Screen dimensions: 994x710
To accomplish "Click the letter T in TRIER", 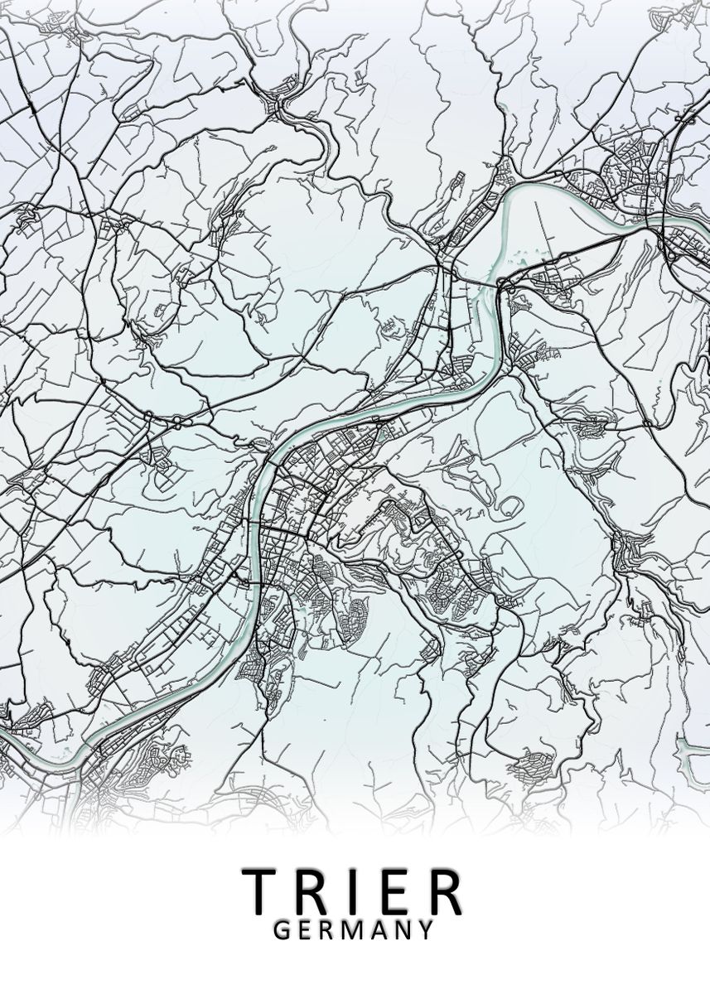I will coord(259,890).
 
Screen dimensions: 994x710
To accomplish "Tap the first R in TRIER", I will coord(312,890).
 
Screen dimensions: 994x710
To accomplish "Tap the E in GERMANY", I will coord(304,929).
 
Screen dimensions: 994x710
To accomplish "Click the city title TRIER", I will coord(352,890).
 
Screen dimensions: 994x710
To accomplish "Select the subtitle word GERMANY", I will coord(353,929).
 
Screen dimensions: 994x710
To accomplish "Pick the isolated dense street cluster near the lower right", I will coord(529,769).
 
